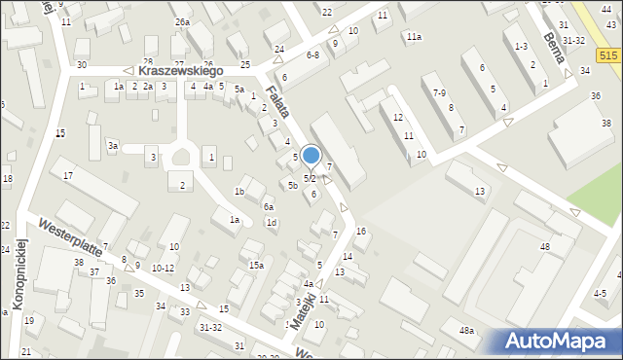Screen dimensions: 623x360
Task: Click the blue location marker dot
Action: click(311, 155)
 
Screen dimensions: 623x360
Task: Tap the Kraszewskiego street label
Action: click(181, 71)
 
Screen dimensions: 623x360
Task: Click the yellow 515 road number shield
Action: click(608, 58)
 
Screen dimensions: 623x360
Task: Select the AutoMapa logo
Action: click(559, 342)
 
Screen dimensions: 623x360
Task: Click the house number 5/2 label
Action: click(310, 179)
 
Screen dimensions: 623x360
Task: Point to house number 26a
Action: click(182, 21)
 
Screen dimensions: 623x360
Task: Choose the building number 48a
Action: click(468, 332)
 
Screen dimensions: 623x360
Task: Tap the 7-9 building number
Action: click(440, 93)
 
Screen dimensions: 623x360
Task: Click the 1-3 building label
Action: click(521, 47)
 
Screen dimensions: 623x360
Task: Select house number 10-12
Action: click(163, 268)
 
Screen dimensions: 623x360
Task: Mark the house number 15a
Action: click(256, 265)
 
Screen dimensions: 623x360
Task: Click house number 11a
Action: click(415, 37)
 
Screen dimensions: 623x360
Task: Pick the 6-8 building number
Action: click(312, 55)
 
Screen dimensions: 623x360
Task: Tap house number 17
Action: click(68, 175)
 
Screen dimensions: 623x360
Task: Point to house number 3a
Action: click(113, 146)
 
